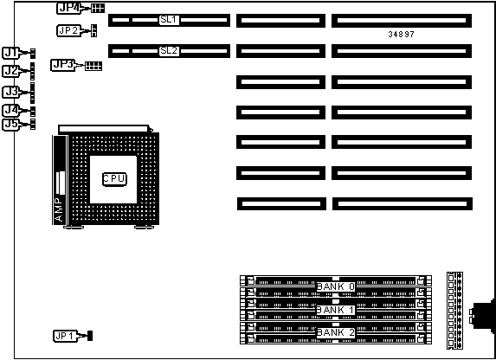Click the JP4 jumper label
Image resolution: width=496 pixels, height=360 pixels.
pyautogui.click(x=68, y=9)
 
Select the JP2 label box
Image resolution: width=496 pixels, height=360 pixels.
pyautogui.click(x=68, y=30)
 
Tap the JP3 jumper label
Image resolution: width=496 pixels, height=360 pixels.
pyautogui.click(x=62, y=65)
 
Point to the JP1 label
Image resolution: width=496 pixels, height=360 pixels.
pyautogui.click(x=65, y=336)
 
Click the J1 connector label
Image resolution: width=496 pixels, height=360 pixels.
pyautogui.click(x=11, y=53)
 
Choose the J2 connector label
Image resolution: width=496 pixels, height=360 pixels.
pyautogui.click(x=11, y=71)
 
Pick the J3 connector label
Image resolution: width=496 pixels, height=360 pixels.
pyautogui.click(x=11, y=92)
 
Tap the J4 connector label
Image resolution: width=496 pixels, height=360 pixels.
pyautogui.click(x=11, y=111)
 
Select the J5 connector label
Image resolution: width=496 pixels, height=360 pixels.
pyautogui.click(x=11, y=125)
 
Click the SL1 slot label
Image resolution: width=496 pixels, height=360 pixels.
pyautogui.click(x=169, y=20)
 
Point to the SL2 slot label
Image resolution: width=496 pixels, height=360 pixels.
pyautogui.click(x=169, y=50)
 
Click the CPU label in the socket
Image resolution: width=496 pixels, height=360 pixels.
pyautogui.click(x=114, y=179)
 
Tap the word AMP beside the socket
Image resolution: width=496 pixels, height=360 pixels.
pyautogui.click(x=59, y=209)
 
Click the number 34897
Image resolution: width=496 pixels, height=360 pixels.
pyautogui.click(x=401, y=34)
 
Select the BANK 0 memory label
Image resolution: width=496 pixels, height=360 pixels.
pyautogui.click(x=336, y=286)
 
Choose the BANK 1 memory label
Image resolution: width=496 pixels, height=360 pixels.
pyautogui.click(x=336, y=310)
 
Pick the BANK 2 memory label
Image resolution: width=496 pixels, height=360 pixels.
pyautogui.click(x=336, y=332)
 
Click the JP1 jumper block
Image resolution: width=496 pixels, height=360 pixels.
pyautogui.click(x=90, y=336)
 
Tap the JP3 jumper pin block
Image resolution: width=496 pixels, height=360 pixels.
pyautogui.click(x=93, y=66)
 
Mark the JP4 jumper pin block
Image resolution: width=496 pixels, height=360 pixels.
pyautogui.click(x=98, y=9)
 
